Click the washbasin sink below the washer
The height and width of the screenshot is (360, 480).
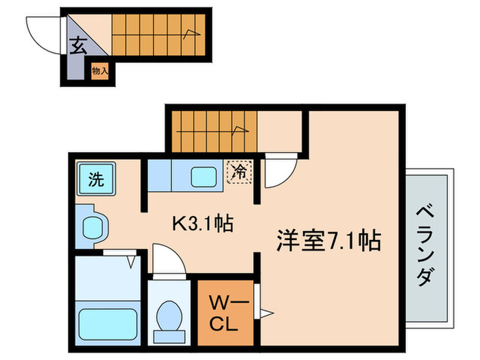point(91,226)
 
